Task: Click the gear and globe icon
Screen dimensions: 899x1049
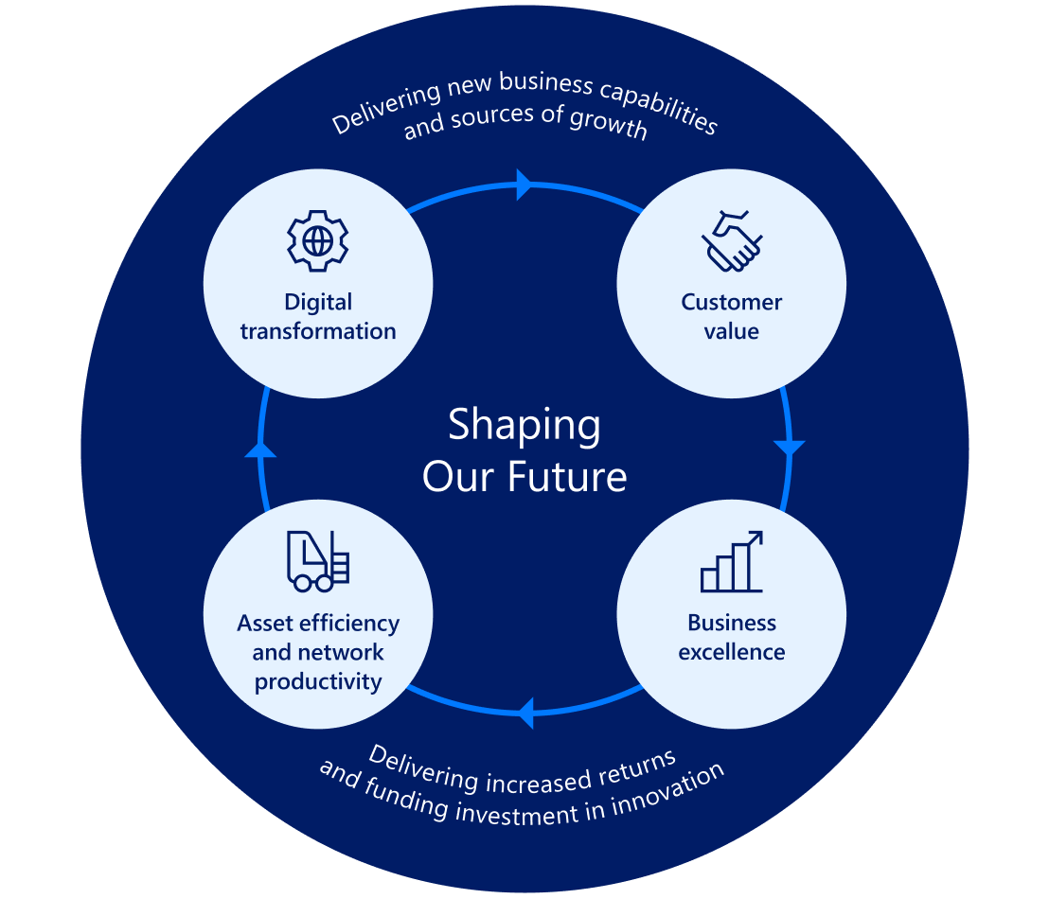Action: (x=318, y=241)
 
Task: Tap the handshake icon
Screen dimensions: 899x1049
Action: (x=732, y=241)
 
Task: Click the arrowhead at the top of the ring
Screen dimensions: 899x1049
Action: (x=523, y=185)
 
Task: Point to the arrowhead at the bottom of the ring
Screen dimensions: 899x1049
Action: (x=525, y=713)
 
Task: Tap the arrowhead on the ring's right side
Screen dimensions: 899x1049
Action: (x=789, y=447)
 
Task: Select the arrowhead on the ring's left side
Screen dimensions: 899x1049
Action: (x=260, y=449)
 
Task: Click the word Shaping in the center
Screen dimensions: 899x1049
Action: (x=524, y=425)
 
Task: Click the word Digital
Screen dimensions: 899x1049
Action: (x=318, y=303)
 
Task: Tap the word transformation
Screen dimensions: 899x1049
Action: (x=318, y=331)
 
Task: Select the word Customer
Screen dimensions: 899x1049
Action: (x=732, y=303)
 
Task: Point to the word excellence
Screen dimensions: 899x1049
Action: (x=732, y=652)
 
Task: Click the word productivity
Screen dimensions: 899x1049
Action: (x=318, y=681)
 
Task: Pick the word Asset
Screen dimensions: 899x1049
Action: (x=265, y=624)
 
